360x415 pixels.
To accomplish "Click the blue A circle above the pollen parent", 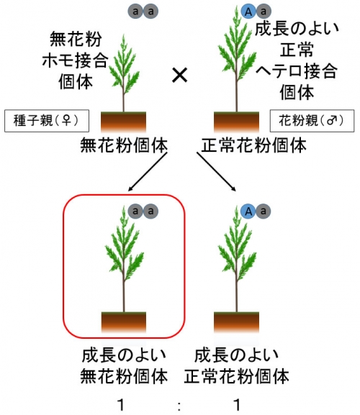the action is (248, 12).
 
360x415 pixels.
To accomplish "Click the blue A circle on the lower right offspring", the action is (248, 211).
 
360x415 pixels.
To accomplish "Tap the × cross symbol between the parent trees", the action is (180, 76).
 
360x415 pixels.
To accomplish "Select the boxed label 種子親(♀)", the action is (47, 121).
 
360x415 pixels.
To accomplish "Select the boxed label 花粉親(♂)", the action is (312, 121).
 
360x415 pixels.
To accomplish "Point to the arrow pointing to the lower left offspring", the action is (148, 171).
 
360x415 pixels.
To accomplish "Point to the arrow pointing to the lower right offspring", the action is (216, 171).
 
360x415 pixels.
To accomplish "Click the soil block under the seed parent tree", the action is (123, 122).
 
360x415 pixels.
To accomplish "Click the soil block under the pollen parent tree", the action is (236, 122).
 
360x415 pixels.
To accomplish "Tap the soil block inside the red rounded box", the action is (124, 322).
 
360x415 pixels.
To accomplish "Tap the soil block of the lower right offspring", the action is (236, 322).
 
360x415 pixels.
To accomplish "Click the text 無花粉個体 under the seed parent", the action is (124, 145).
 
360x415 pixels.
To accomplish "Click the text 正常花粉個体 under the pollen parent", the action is (253, 145).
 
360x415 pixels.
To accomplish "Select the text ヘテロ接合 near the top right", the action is (297, 71).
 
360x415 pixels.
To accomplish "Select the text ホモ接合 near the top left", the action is (75, 60).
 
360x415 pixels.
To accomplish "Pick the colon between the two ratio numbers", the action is (179, 406).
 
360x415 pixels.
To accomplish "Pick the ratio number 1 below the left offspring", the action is (121, 405).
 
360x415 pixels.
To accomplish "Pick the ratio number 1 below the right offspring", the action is (237, 405).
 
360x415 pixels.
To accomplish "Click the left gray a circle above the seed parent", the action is (135, 12).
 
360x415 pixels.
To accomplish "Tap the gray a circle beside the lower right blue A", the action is (264, 211).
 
